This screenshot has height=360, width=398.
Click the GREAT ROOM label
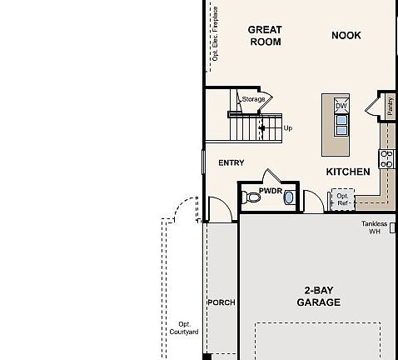pos(265,36)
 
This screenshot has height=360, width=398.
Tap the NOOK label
pos(347,35)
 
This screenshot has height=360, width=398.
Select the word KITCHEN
pos(347,171)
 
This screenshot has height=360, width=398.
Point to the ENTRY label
pos(231,162)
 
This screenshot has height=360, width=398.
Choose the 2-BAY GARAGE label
pos(318,297)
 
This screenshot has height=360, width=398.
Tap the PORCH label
pos(221,302)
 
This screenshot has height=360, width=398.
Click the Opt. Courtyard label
pos(188,327)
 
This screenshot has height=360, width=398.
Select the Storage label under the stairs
pos(253,100)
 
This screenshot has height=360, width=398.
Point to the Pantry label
pos(389,106)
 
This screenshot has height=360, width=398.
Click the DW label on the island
pos(341,106)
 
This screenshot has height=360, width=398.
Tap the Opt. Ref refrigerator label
pos(342,199)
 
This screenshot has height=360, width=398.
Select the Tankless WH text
pos(375,227)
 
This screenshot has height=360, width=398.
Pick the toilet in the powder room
pos(254,198)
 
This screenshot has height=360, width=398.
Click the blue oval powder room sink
pos(289,197)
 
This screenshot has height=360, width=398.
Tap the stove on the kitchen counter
pos(386,158)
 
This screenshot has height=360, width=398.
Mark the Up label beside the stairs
pos(288,128)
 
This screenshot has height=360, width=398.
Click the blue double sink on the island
pos(341,124)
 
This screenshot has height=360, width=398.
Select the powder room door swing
pos(273,176)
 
